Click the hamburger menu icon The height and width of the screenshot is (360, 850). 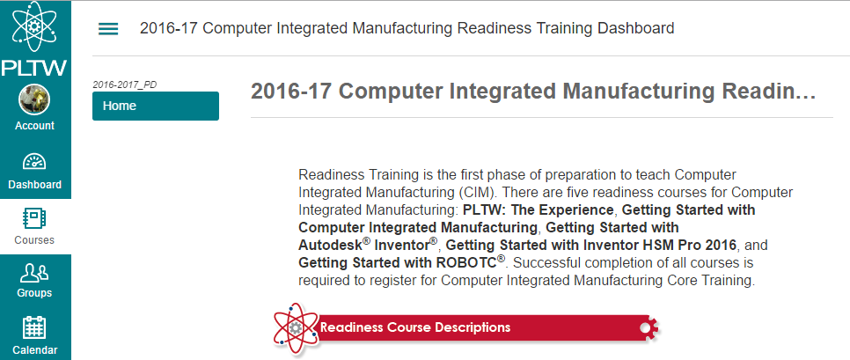(108, 28)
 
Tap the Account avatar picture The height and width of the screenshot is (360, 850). (34, 99)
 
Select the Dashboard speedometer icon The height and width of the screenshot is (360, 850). (34, 163)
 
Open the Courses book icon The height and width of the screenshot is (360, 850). (34, 217)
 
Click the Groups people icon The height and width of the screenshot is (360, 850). (34, 272)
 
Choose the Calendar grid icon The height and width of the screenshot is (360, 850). (34, 327)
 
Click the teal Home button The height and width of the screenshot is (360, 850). (155, 106)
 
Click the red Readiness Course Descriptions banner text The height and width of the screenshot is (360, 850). (415, 327)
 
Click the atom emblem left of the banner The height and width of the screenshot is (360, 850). (296, 327)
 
